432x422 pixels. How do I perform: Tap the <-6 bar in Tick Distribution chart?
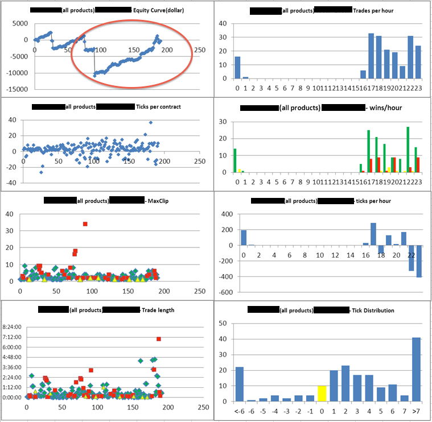click(x=239, y=384)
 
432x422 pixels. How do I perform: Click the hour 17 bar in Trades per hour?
click(x=371, y=57)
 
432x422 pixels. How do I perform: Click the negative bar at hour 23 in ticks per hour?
click(x=419, y=261)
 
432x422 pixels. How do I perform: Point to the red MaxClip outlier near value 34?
click(x=85, y=224)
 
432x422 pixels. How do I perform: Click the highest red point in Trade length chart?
click(x=159, y=339)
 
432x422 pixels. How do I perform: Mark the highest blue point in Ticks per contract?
click(x=150, y=122)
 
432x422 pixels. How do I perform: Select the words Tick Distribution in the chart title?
click(x=372, y=311)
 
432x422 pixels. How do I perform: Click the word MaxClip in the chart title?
click(x=155, y=200)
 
